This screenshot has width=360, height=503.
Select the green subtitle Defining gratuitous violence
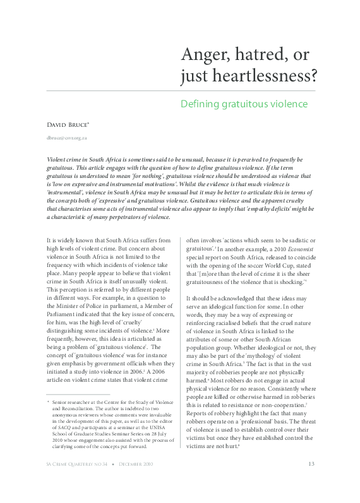pos(244,104)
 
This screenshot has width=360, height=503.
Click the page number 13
pos(311,482)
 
